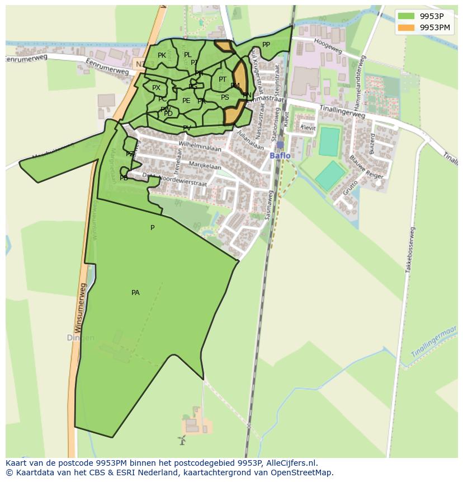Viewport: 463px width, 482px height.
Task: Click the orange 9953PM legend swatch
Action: (x=407, y=26)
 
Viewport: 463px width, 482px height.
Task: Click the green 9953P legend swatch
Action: (x=407, y=16)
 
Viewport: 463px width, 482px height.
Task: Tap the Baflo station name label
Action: (x=280, y=156)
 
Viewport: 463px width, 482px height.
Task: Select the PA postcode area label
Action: (x=135, y=293)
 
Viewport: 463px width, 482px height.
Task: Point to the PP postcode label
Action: (x=266, y=45)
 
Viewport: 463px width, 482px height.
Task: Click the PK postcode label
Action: (x=162, y=55)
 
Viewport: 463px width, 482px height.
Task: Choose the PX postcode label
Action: (x=156, y=88)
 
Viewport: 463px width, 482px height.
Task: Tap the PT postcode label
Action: (x=223, y=79)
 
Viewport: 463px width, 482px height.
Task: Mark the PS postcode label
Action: (x=225, y=97)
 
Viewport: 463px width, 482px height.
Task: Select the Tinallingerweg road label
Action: (x=342, y=111)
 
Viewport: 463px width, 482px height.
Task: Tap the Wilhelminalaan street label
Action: (x=200, y=146)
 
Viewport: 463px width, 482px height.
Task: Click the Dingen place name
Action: (x=81, y=338)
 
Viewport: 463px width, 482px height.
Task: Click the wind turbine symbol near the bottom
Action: (x=181, y=440)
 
